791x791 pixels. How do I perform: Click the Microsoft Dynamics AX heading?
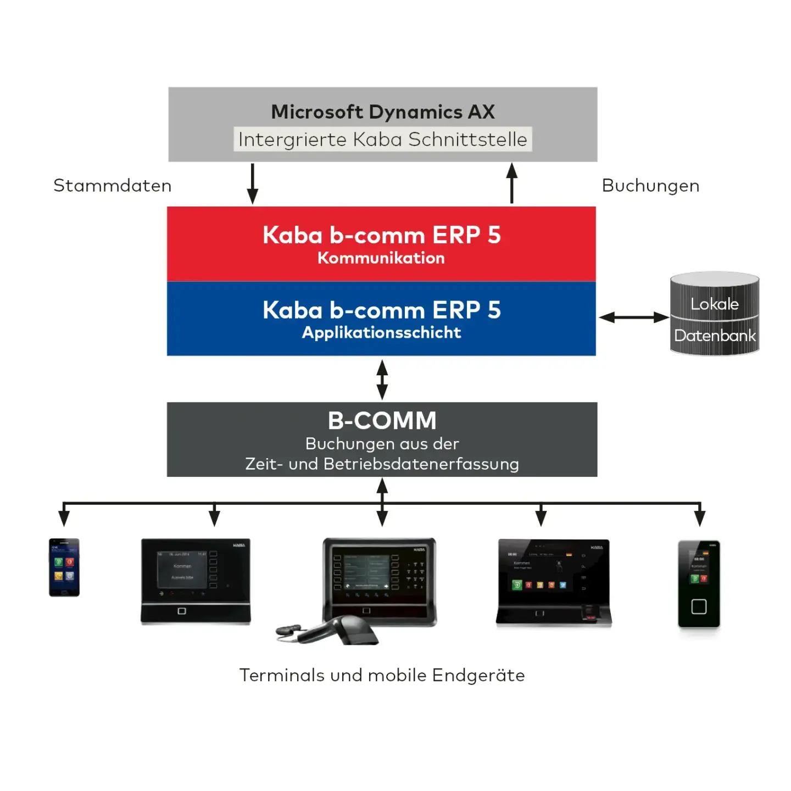coord(383,112)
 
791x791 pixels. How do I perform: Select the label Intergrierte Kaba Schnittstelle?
coord(383,140)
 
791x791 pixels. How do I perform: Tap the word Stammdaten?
coord(113,186)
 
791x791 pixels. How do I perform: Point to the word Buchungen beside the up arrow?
coord(650,186)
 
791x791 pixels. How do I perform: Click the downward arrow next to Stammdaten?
coord(253,184)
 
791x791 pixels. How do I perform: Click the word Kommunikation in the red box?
coord(381,258)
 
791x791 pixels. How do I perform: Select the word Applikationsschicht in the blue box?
coord(382,333)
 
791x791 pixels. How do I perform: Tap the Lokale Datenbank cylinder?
coord(715,314)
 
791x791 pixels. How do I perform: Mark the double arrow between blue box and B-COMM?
coord(382,379)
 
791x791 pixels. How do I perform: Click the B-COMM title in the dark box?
coord(382,421)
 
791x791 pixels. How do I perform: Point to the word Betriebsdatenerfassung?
coord(421,464)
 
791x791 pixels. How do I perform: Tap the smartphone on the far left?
coord(64,567)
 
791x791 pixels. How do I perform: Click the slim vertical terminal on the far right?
coord(699,583)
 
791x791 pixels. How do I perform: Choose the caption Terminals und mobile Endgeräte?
coord(382,675)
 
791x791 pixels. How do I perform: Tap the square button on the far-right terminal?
coord(699,606)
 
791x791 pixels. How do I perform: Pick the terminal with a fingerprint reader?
coord(554,582)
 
